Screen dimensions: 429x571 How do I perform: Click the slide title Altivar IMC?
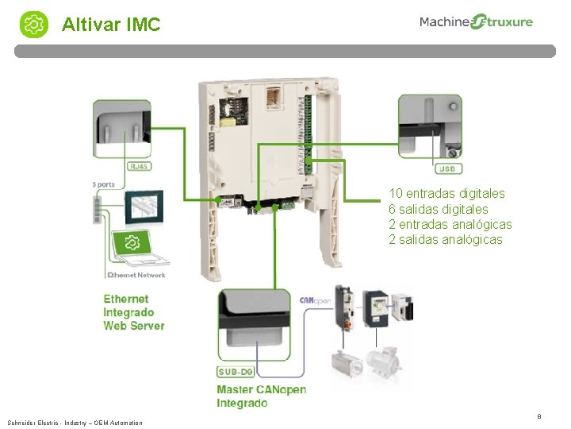pos(111,25)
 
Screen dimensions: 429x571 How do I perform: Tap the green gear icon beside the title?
pos(35,25)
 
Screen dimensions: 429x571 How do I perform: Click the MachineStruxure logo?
pos(476,22)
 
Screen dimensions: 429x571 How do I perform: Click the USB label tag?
pos(448,168)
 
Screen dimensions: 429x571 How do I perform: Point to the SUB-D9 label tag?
pos(236,372)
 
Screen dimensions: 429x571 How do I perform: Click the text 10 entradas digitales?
pos(446,193)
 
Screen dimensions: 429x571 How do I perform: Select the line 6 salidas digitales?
pos(438,209)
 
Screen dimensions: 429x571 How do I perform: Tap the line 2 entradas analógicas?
pos(450,224)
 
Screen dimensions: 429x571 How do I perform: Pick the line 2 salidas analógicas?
pos(445,240)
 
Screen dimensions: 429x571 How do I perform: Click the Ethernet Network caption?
pos(136,275)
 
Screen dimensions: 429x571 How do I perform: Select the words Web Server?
pos(134,326)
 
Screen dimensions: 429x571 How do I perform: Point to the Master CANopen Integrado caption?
pos(261,396)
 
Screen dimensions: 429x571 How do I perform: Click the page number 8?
pos(539,415)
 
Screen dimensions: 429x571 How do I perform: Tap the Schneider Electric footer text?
pos(75,423)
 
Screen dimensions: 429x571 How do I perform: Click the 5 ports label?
pos(103,184)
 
